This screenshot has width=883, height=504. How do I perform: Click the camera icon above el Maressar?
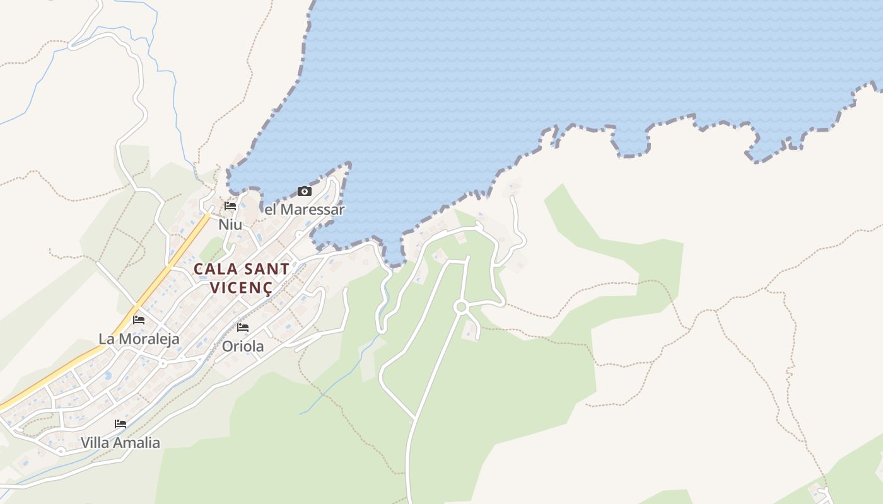(x=305, y=191)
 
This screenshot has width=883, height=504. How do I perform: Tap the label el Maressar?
(x=304, y=209)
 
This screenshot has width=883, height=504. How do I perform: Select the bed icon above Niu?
(x=230, y=206)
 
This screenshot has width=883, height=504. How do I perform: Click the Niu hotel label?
(x=230, y=224)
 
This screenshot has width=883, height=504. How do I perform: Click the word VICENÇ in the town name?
(x=241, y=288)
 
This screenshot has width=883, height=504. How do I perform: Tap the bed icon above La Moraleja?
(x=139, y=320)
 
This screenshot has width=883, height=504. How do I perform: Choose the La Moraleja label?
(x=139, y=339)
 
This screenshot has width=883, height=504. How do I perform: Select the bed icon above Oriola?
(x=243, y=328)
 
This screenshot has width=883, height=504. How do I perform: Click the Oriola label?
(x=243, y=346)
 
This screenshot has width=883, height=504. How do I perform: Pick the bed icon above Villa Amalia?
(x=120, y=424)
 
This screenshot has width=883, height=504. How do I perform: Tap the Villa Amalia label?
(x=120, y=443)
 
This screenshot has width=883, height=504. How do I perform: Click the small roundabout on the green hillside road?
(x=461, y=307)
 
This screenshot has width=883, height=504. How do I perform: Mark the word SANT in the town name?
(x=266, y=269)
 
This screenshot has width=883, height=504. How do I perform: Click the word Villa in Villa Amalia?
(x=94, y=443)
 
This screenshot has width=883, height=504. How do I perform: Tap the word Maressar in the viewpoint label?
(x=313, y=209)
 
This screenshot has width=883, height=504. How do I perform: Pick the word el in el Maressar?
(x=270, y=209)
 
